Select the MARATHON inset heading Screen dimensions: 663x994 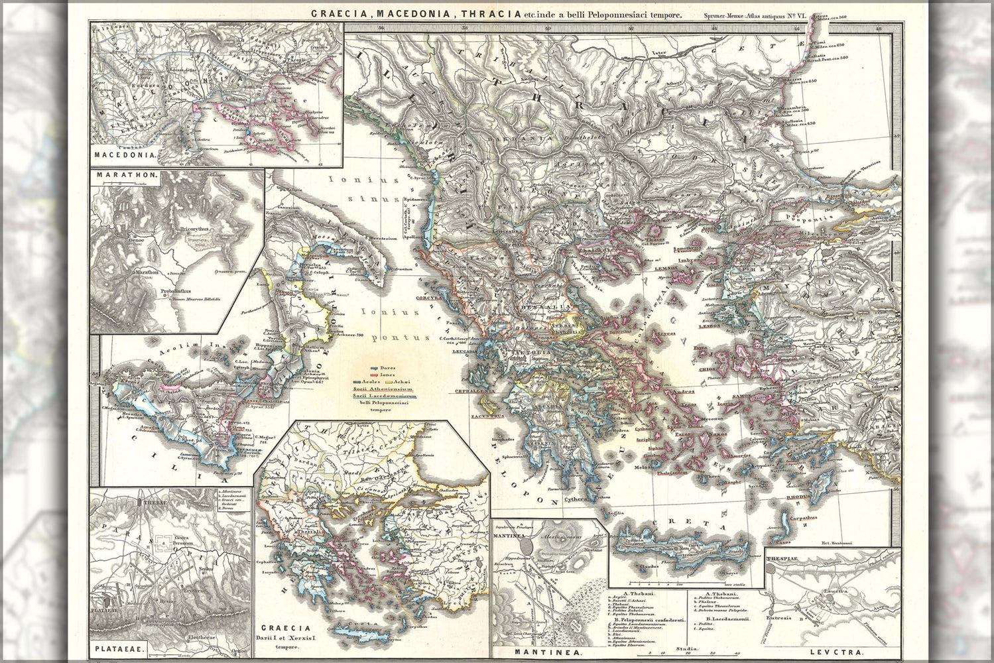pyautogui.click(x=126, y=176)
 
